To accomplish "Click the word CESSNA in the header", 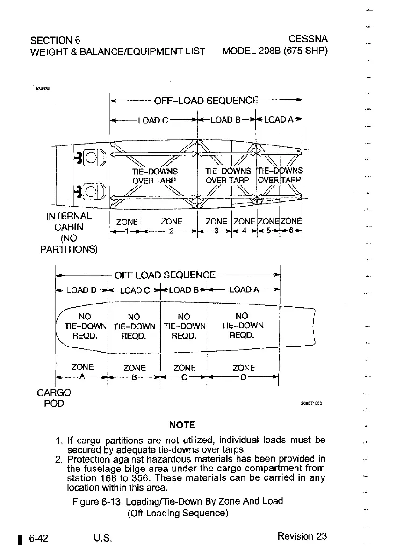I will (x=308, y=38).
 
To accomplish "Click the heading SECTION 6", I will (x=55, y=38).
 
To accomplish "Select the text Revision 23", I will (x=302, y=536).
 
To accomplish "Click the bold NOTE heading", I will (x=182, y=425).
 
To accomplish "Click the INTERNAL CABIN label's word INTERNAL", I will (x=69, y=217).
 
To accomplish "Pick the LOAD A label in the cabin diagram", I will (x=279, y=120).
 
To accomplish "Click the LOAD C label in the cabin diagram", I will (x=153, y=120).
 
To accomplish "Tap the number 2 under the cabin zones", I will (x=171, y=231).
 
